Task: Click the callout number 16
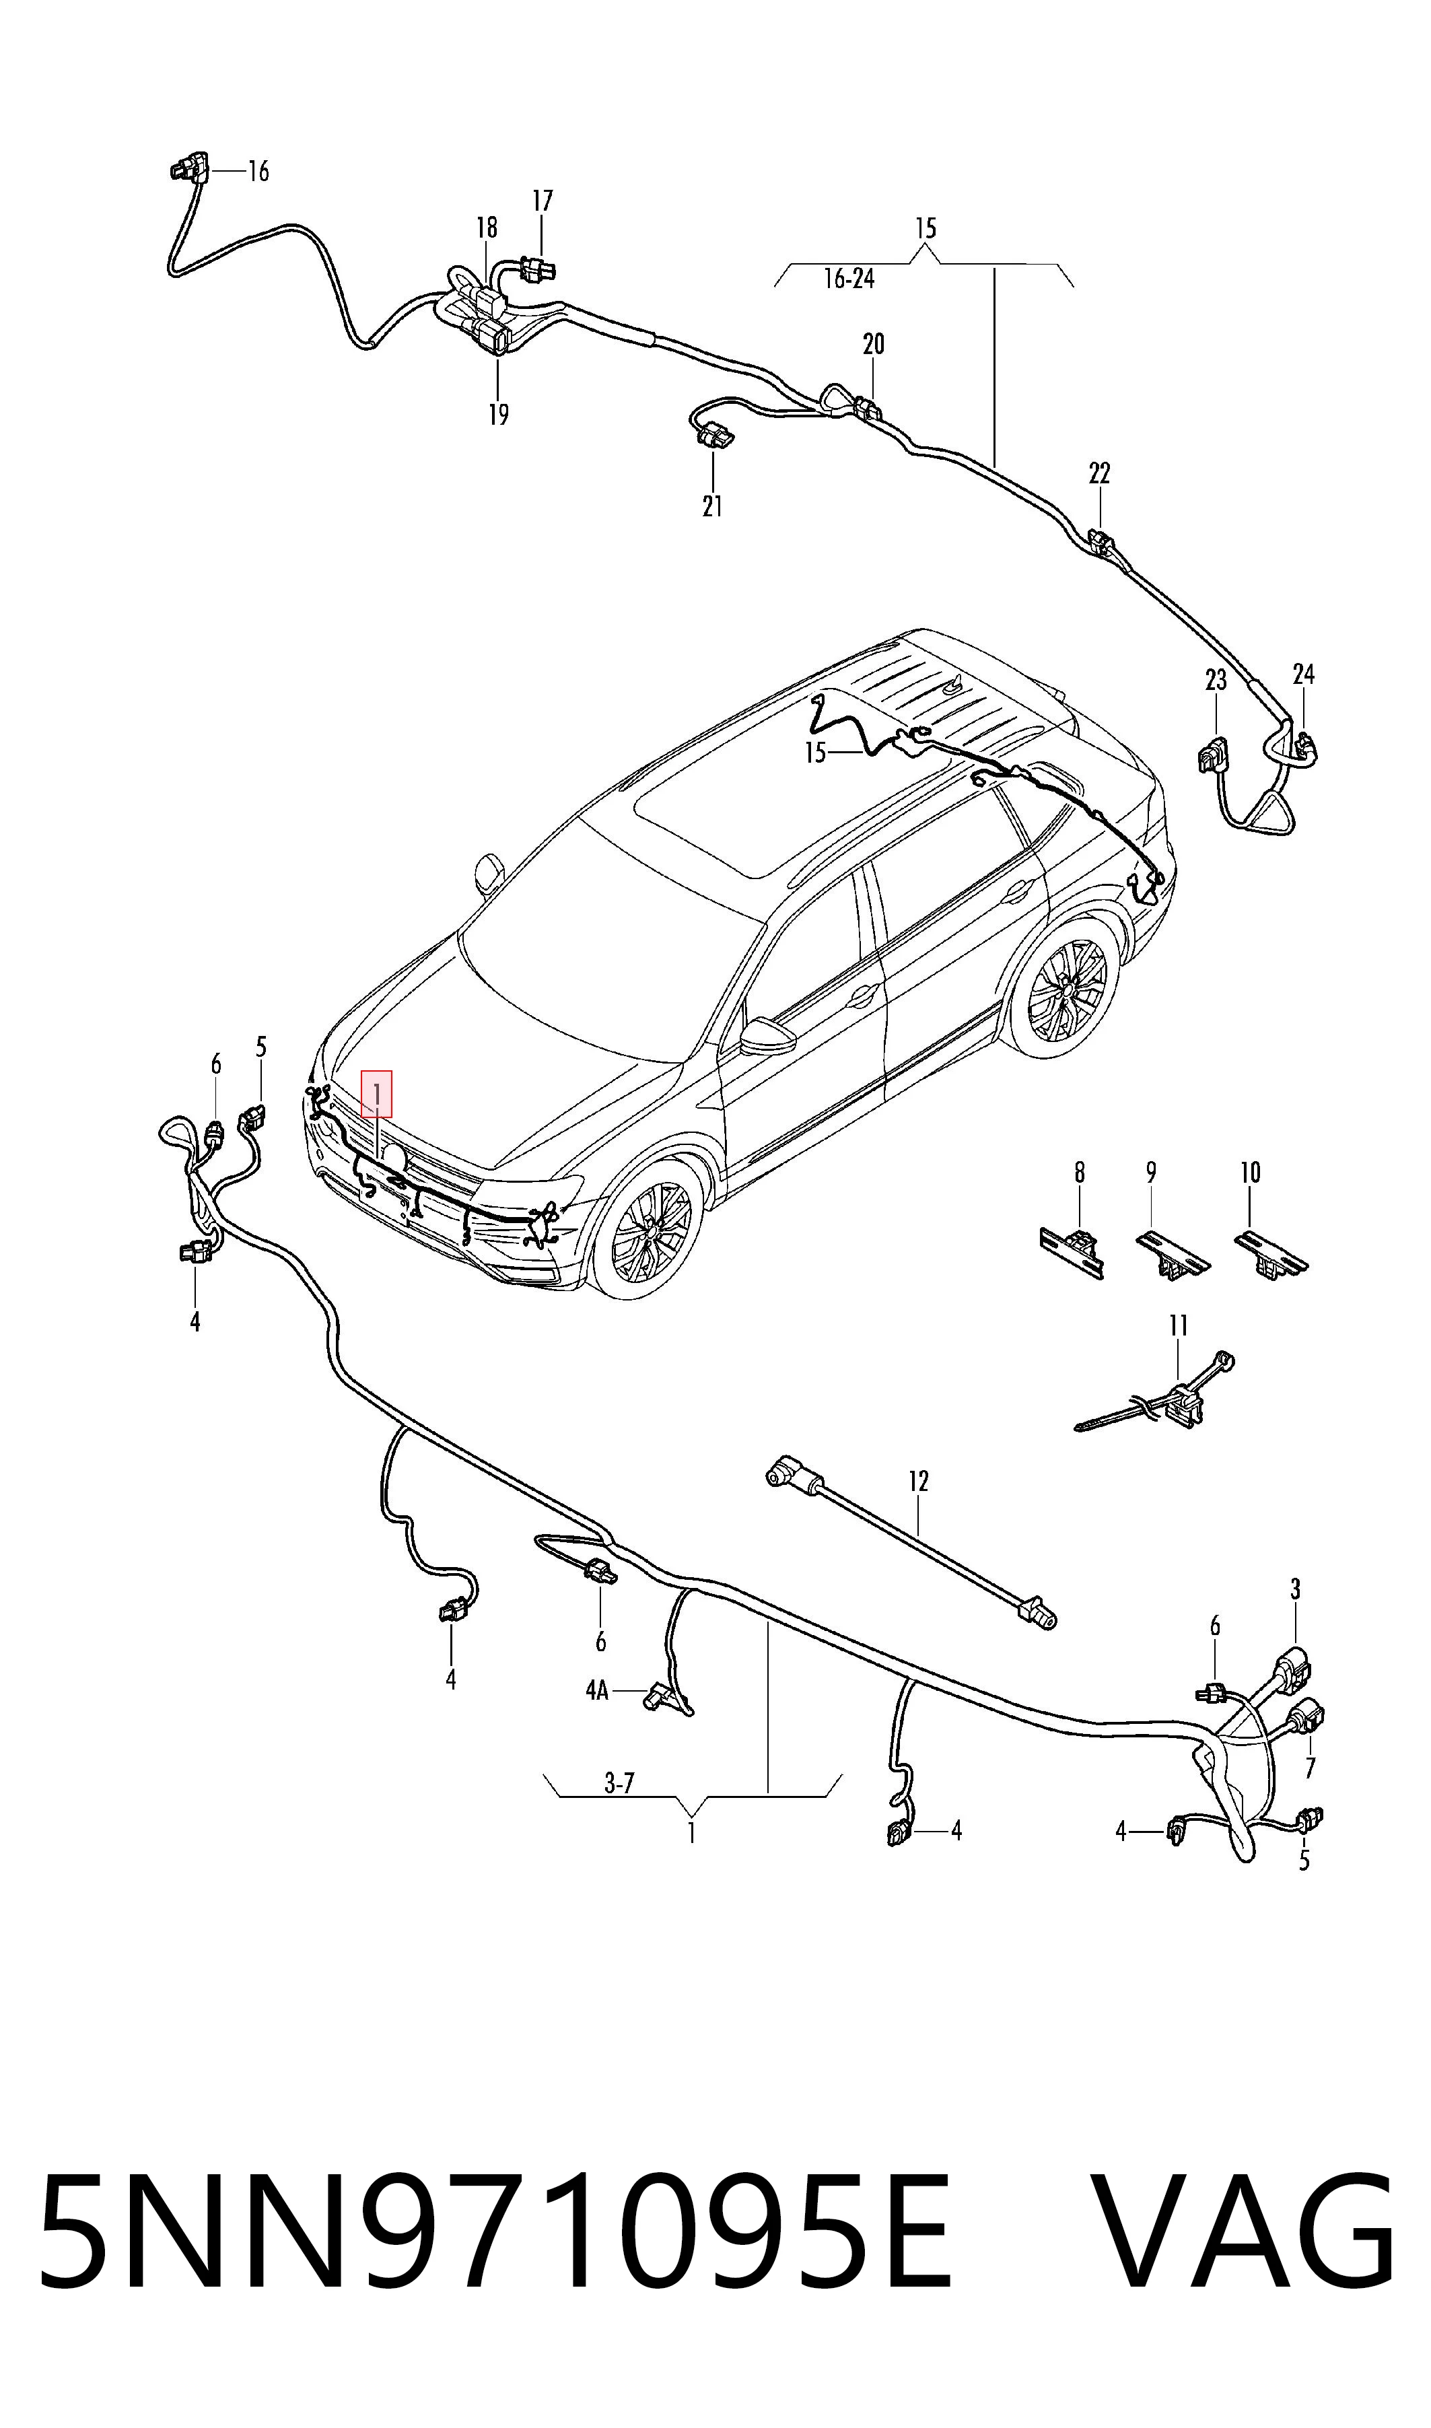[258, 172]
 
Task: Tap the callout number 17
[543, 201]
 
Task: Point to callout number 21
[713, 506]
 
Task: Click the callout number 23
[1216, 680]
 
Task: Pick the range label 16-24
[849, 279]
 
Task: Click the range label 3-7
[619, 1783]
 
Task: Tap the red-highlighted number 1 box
[377, 1093]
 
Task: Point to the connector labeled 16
[187, 170]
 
